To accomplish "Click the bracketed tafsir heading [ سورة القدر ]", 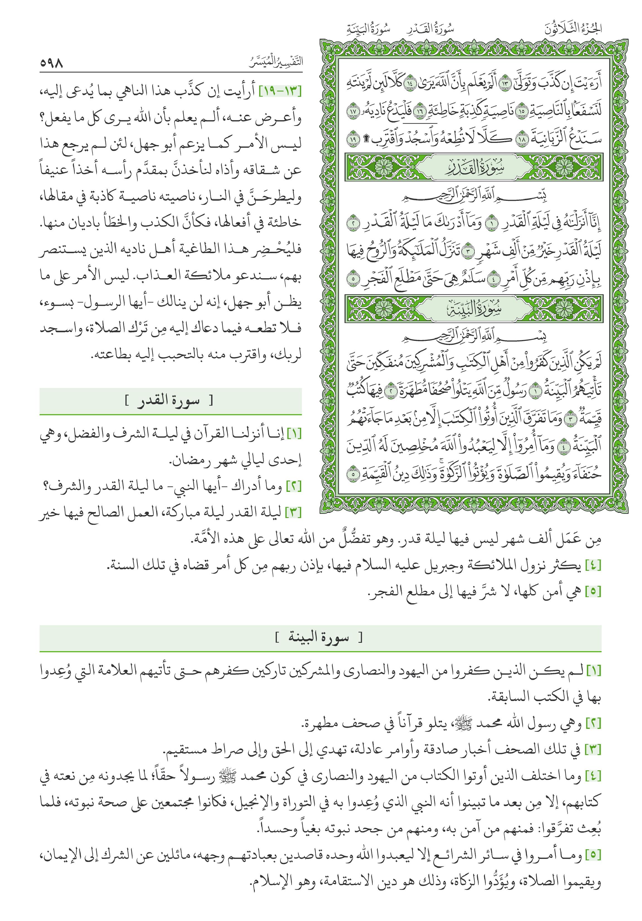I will pos(170,401).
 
